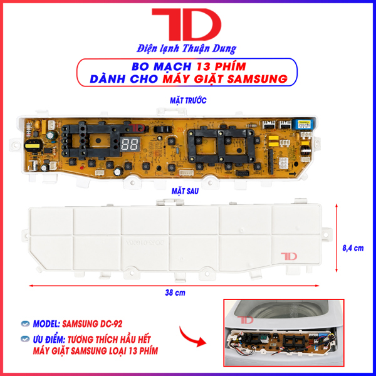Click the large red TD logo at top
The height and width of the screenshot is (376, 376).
coord(187,24)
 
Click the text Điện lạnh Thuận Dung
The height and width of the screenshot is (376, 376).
coord(187,49)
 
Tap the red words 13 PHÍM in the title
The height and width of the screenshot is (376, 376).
coord(221,66)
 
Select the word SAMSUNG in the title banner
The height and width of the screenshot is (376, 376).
coord(258,79)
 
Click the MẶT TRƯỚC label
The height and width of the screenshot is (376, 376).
coord(188,100)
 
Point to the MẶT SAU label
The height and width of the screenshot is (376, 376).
coord(185,191)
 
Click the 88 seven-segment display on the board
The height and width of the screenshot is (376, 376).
coord(130,144)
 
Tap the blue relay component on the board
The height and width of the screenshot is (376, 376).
coord(303,124)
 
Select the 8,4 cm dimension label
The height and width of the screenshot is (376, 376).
coord(353,248)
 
